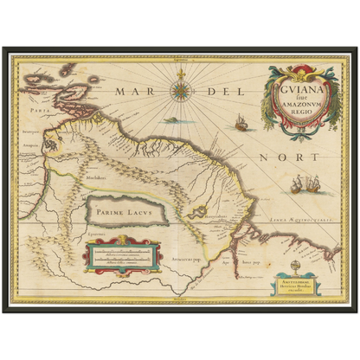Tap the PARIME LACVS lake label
[x=121, y=208]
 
